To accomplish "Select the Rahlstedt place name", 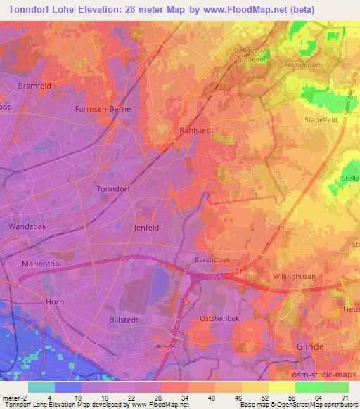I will (x=197, y=131).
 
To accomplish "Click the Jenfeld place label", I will (x=146, y=228).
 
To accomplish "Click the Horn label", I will (x=54, y=301).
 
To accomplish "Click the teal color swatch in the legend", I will (x=41, y=387).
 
